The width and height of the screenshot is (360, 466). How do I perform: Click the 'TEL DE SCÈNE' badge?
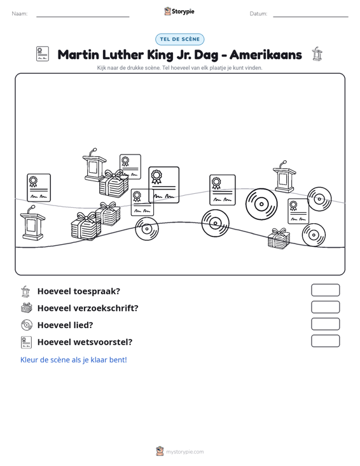coord(179,39)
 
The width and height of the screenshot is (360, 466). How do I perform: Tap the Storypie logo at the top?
coord(179,11)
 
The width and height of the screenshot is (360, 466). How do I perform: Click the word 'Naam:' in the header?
coord(20,14)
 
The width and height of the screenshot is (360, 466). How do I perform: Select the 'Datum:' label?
coord(258,14)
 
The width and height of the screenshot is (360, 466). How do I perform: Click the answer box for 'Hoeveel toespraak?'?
coord(325,290)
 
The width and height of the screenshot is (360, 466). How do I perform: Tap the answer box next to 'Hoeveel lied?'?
coord(325,324)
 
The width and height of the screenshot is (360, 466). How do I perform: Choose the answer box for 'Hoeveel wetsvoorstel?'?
coord(325,341)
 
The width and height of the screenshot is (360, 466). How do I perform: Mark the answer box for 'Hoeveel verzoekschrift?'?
coord(325,307)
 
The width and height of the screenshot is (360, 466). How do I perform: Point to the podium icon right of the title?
coord(317,54)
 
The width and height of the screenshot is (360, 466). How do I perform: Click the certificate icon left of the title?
coord(43,54)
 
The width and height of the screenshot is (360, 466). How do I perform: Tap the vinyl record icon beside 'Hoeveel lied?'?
coord(27,325)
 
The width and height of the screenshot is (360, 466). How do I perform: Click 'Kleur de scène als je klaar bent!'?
coord(73,360)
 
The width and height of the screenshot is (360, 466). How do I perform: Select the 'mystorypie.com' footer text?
coord(184,452)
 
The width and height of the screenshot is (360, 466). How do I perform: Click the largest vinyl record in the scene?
coord(261,204)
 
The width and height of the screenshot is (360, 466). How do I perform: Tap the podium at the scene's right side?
coord(284,177)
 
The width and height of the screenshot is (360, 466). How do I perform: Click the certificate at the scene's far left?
coord(39,188)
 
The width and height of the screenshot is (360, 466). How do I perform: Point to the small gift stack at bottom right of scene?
coord(279,238)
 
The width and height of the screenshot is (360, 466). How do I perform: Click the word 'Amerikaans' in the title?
coord(265,55)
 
